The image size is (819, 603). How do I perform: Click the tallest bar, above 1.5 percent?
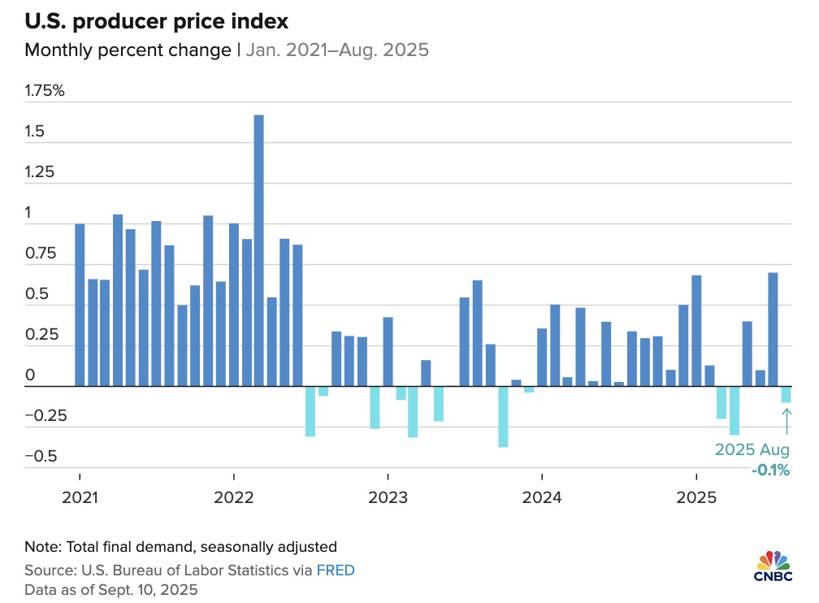click(x=258, y=250)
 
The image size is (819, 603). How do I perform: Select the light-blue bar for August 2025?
click(x=786, y=394)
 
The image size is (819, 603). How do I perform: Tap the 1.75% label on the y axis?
click(x=45, y=90)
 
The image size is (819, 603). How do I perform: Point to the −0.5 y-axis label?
click(x=41, y=456)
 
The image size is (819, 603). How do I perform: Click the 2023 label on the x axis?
click(x=388, y=497)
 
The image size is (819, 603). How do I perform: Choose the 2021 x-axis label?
click(x=80, y=497)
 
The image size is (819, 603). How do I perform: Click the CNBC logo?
click(x=773, y=566)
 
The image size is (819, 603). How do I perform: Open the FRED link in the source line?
click(x=336, y=570)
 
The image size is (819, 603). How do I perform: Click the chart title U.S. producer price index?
click(x=156, y=21)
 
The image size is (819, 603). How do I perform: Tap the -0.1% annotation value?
click(x=770, y=470)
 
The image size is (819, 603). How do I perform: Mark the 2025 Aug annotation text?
click(x=752, y=449)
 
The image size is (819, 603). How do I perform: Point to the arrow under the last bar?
click(x=786, y=421)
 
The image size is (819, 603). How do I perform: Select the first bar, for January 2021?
click(x=80, y=306)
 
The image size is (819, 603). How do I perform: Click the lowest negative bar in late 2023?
click(x=503, y=417)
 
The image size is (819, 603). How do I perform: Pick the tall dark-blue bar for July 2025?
click(x=773, y=329)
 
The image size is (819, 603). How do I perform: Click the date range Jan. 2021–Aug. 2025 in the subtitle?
click(x=337, y=50)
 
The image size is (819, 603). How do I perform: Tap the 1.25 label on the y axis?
click(x=39, y=172)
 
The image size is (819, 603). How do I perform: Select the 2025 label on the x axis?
click(x=696, y=497)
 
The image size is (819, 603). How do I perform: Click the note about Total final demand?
click(x=180, y=547)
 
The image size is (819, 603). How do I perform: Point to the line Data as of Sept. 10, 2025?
click(x=111, y=590)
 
